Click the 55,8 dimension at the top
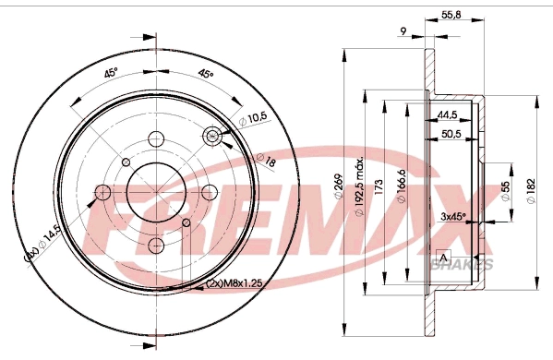451,16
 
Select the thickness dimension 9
403,32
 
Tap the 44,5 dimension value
450,115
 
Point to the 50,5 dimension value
451,135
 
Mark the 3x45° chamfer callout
452,216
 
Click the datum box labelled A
443,257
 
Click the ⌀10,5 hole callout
253,118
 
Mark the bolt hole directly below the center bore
155,245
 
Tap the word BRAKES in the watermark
462,266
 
